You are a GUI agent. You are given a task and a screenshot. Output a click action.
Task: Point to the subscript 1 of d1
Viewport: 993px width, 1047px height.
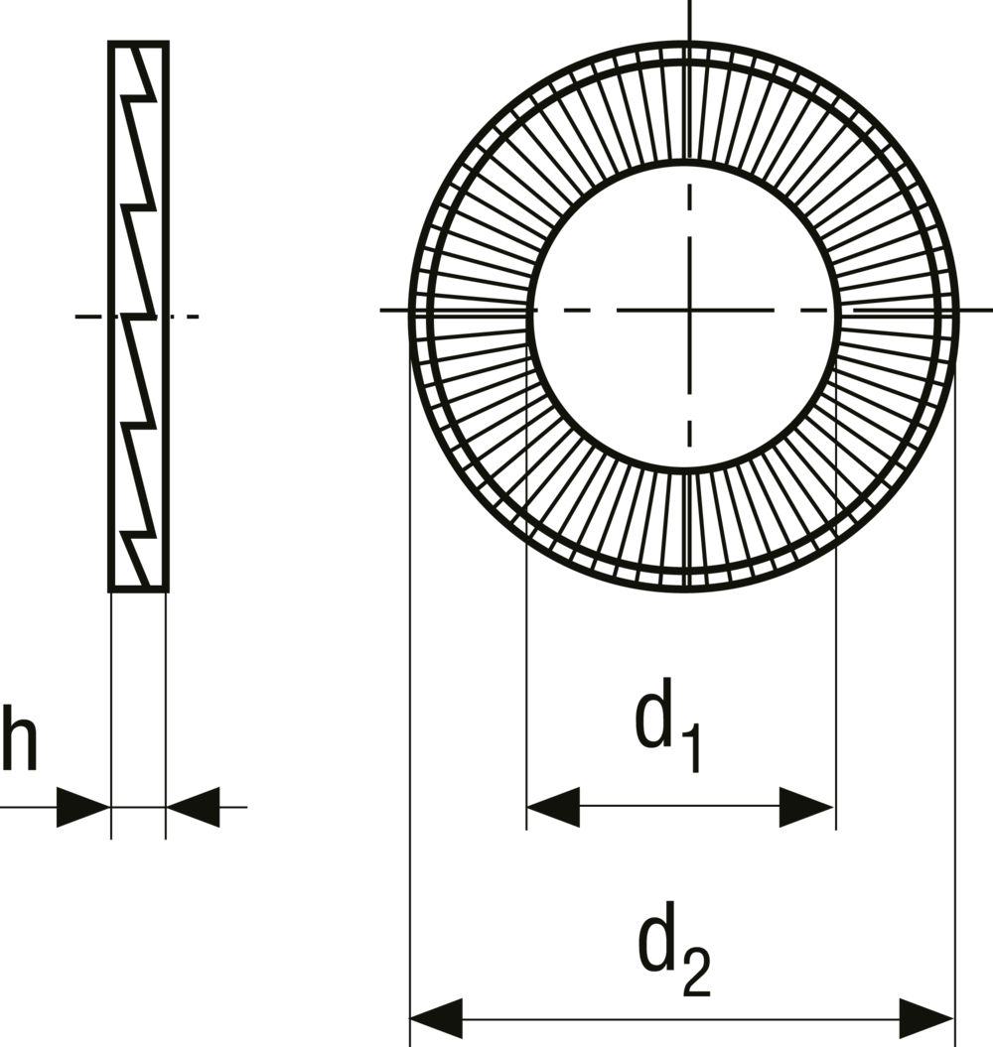[x=692, y=749]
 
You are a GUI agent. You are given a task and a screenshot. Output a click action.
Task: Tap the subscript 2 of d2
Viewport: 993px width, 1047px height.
[x=696, y=973]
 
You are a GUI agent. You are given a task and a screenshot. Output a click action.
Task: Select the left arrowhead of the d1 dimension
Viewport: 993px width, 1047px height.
[x=553, y=807]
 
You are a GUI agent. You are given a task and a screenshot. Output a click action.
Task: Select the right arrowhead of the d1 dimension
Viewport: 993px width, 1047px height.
[x=806, y=807]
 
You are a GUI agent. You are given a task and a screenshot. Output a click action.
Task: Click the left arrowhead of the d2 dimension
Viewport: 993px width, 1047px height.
[x=436, y=1019]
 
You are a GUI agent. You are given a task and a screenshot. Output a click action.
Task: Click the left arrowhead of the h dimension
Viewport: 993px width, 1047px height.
[x=82, y=807]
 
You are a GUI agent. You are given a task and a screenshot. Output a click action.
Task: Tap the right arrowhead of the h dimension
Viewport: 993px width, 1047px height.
[x=193, y=807]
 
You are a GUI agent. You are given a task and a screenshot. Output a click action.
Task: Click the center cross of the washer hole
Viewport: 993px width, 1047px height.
[x=689, y=310]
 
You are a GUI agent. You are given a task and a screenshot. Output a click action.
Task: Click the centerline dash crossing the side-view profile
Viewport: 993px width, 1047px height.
[x=137, y=316]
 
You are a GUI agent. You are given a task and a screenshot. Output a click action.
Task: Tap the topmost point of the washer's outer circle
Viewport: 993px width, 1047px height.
[x=685, y=43]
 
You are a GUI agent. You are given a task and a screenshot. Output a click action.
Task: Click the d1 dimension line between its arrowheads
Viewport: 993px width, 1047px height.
[x=680, y=807]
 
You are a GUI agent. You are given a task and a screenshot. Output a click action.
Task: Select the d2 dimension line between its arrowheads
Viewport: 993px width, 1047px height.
[x=681, y=1019]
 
